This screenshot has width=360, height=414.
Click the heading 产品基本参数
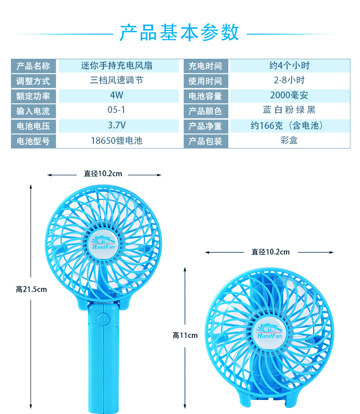[x=179, y=33]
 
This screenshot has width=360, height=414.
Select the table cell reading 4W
[x=117, y=96]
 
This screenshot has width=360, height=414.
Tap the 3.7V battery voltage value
[x=117, y=125]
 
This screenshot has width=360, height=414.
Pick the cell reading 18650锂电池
[x=117, y=140]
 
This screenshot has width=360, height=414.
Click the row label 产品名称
[x=33, y=66]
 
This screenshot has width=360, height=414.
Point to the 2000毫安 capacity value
[x=289, y=95]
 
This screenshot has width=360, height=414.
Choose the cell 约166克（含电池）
[x=289, y=125]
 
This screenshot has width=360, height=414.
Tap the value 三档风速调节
[x=117, y=81]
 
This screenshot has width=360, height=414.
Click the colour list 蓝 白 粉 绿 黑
[x=289, y=110]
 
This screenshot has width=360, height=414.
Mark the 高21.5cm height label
[x=31, y=289]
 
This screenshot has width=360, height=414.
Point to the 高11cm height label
[x=185, y=336]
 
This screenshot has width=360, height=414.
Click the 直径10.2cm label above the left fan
[x=103, y=174]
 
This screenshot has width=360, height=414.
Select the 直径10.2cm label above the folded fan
[x=270, y=252]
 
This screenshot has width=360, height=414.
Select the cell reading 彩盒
[x=289, y=140]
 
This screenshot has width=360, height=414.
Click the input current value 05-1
[x=117, y=110]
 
